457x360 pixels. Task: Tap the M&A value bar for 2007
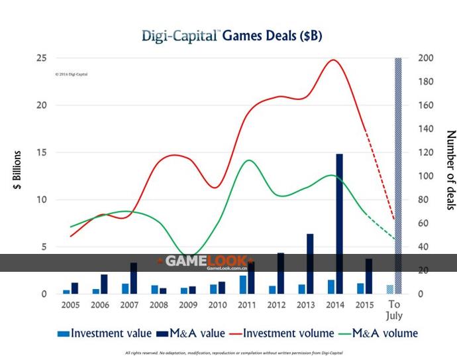tap(134, 278)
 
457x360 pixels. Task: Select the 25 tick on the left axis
tap(41, 58)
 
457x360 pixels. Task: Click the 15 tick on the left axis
tap(41, 152)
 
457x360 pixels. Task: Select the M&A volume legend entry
tap(376, 333)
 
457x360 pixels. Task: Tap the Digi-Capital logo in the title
tap(180, 36)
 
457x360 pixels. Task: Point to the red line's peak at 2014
tap(333, 60)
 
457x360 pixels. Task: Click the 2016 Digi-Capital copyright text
tap(72, 74)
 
